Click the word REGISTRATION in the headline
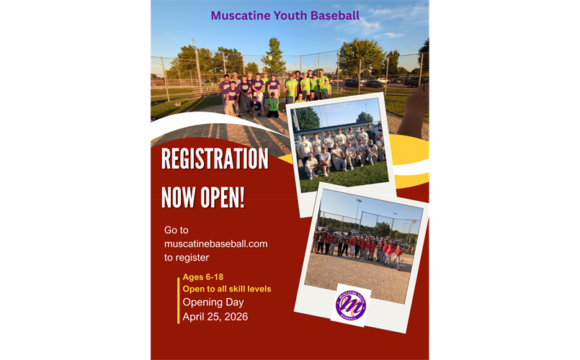(x=215, y=159)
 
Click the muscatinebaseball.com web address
(x=215, y=243)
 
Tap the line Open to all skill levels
(x=226, y=289)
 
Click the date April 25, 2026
(x=215, y=316)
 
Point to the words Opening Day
(x=213, y=302)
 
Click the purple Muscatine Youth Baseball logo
(x=351, y=305)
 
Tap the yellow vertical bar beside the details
(x=178, y=299)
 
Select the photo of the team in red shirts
(x=362, y=244)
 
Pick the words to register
(x=187, y=257)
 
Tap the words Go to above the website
(x=176, y=230)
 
